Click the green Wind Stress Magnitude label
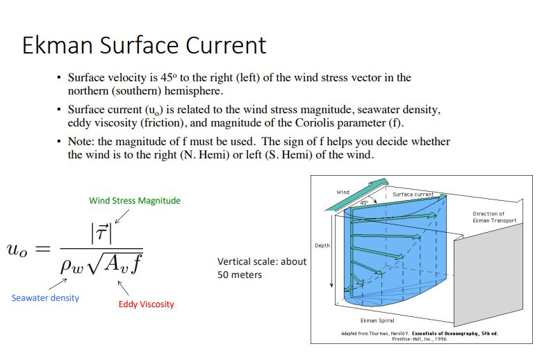pyautogui.click(x=135, y=201)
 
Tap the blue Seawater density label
pyautogui.click(x=45, y=298)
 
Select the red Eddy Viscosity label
pyautogui.click(x=147, y=304)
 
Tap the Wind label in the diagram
pyautogui.click(x=343, y=192)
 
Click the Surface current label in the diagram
pyautogui.click(x=413, y=195)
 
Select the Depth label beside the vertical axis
pyautogui.click(x=322, y=245)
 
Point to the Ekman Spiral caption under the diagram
pyautogui.click(x=378, y=320)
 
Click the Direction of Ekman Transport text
pyautogui.click(x=494, y=217)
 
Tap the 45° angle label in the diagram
pyautogui.click(x=363, y=203)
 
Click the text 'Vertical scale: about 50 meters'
pyautogui.click(x=262, y=268)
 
